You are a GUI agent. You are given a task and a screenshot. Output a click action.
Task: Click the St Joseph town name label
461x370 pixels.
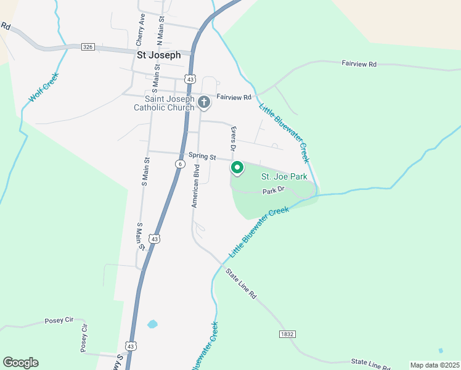pos(158,55)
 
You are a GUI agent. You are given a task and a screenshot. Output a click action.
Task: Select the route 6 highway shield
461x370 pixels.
pos(179,163)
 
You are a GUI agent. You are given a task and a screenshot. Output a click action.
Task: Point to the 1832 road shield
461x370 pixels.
pos(287,334)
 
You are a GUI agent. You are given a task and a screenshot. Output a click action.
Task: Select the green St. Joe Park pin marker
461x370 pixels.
pos(237,167)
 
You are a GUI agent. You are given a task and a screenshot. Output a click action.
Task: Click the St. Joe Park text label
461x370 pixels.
pos(284,176)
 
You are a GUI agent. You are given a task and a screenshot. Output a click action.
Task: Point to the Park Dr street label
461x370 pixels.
pos(274,191)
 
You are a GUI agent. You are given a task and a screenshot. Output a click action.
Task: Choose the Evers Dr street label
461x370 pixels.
pos(233,139)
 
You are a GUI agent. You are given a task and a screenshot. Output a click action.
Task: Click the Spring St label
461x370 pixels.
pos(203,157)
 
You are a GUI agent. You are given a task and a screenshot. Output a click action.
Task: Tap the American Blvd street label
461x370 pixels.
pos(196,186)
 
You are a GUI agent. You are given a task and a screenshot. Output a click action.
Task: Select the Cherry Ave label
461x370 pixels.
pos(141,30)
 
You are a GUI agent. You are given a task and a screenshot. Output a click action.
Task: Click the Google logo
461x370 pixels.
pos(20,363)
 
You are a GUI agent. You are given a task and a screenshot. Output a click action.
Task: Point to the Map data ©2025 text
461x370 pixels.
pos(434,365)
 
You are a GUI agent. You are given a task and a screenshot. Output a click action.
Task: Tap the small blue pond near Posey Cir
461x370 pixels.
pos(152,324)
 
